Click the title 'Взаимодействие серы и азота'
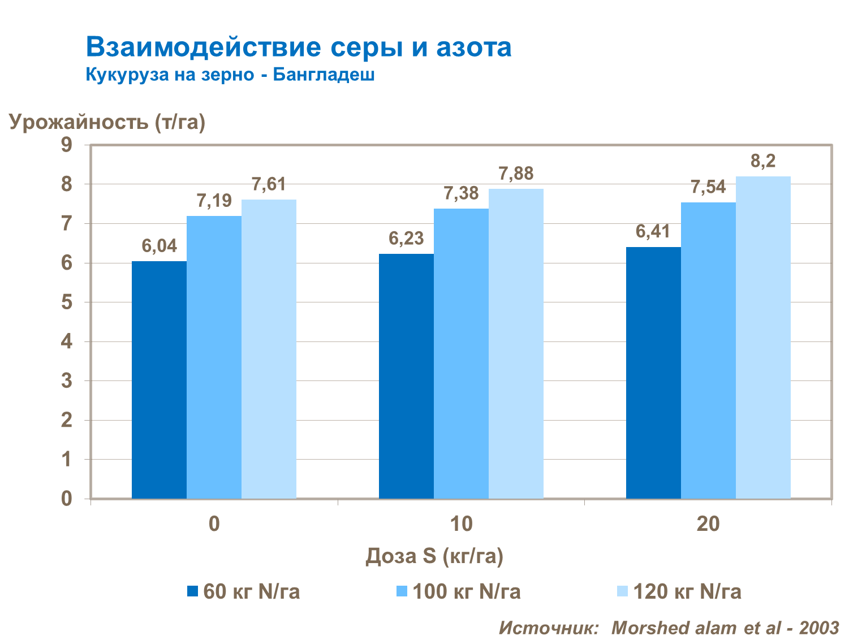[x=299, y=47]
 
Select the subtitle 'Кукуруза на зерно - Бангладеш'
[x=230, y=75]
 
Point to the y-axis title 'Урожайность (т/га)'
[x=107, y=122]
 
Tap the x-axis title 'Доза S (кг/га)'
[x=434, y=556]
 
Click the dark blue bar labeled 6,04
[x=159, y=380]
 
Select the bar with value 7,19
[x=214, y=357]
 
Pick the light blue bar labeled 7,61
[x=269, y=349]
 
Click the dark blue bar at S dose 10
[x=406, y=376]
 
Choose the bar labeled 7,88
[x=516, y=344]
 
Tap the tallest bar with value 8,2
[x=763, y=338]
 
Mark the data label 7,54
[x=708, y=187]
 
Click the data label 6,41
[x=653, y=231]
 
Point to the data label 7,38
[x=461, y=193]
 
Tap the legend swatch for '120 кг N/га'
[x=622, y=591]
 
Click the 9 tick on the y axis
[x=67, y=145]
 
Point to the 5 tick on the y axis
[x=67, y=302]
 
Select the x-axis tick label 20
[x=708, y=524]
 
